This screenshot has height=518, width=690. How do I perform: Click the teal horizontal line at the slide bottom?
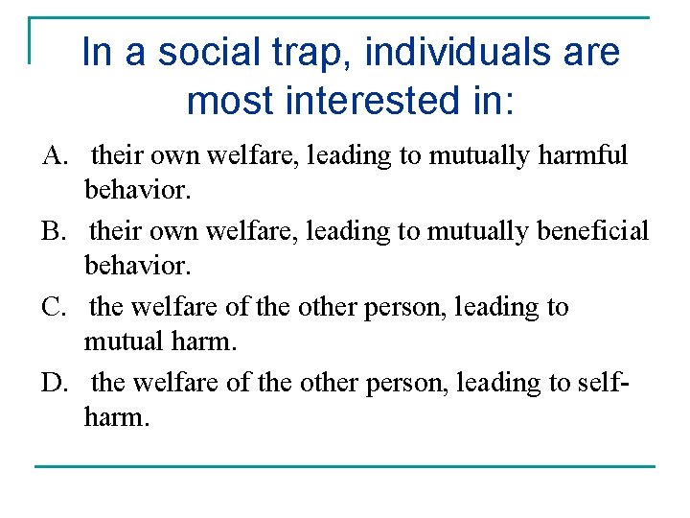tap(345, 466)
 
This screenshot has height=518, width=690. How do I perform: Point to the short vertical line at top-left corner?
tap(31, 40)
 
